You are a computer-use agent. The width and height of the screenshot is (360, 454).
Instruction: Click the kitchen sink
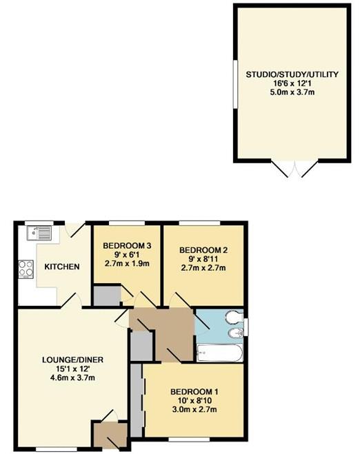tap(39, 233)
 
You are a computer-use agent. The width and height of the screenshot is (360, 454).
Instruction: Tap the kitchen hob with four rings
tap(26, 269)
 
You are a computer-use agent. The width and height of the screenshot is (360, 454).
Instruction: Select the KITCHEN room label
tap(62, 267)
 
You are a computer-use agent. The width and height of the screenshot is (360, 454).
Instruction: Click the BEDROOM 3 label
tap(127, 246)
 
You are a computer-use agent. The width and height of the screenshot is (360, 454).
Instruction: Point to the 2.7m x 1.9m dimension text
tap(127, 263)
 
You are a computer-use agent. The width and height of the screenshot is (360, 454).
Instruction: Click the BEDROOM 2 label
tap(203, 250)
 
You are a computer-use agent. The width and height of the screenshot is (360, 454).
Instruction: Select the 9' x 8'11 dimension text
tap(203, 259)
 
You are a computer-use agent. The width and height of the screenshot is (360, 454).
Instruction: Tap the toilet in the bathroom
tap(234, 318)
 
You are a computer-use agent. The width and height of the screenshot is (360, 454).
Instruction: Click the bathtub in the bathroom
tap(219, 353)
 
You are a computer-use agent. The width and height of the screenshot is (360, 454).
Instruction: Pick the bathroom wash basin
tap(236, 334)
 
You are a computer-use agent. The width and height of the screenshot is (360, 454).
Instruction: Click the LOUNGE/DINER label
tap(72, 360)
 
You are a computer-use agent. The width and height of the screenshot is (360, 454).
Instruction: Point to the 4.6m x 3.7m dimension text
tap(72, 378)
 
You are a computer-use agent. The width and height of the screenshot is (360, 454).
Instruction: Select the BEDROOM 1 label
tap(194, 392)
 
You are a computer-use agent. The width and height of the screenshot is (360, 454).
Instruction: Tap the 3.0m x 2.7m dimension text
tap(194, 409)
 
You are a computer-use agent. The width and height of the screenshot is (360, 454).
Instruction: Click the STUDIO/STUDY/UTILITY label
tap(292, 74)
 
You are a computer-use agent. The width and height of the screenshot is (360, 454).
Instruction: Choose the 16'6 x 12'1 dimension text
tap(292, 83)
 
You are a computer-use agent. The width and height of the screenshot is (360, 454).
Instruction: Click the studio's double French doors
tap(294, 168)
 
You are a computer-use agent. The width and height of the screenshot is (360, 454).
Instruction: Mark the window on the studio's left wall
tap(236, 84)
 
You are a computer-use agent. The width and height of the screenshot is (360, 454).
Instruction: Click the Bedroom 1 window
tap(189, 440)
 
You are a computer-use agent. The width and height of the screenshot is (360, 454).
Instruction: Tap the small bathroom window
tap(246, 327)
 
